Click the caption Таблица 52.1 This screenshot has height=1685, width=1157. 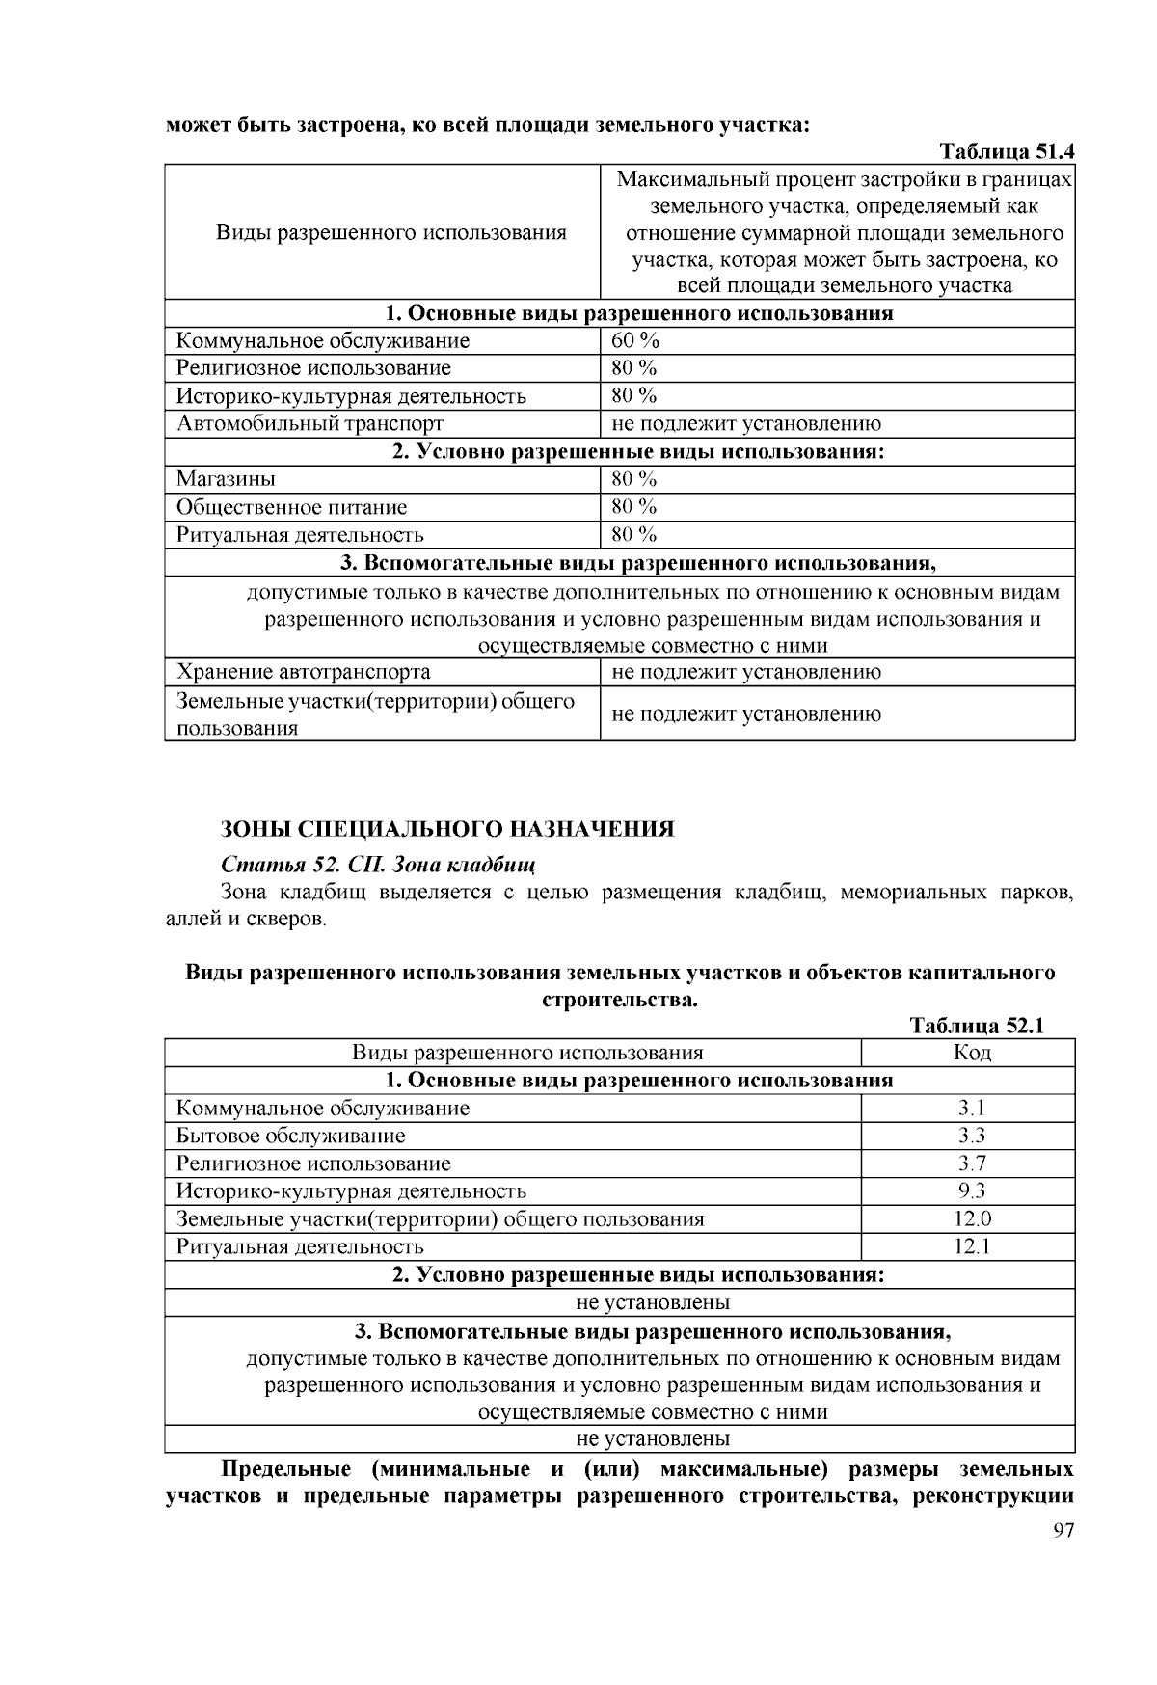tap(977, 1026)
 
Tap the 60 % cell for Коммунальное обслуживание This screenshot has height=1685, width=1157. tap(635, 340)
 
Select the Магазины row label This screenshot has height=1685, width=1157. tap(226, 479)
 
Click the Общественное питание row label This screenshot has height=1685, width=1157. tap(291, 507)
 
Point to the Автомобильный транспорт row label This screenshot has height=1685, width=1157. tap(309, 423)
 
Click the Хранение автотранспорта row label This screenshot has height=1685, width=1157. tap(303, 672)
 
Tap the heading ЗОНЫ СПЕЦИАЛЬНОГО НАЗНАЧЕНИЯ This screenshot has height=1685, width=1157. tap(447, 830)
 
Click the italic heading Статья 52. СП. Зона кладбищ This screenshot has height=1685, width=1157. tap(378, 863)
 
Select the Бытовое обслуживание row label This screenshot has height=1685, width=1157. tap(290, 1136)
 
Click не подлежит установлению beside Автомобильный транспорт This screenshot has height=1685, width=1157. tap(745, 423)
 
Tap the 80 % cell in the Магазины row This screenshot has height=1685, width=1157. tap(633, 479)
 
